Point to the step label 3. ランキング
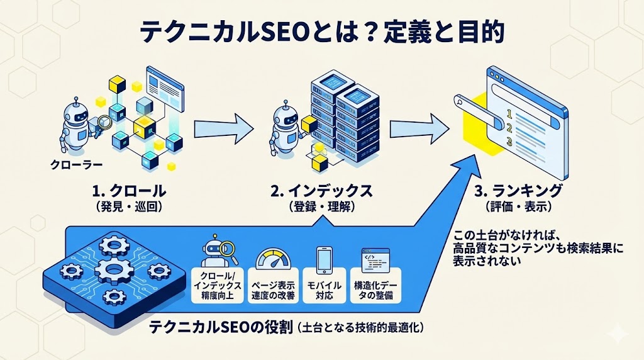518,191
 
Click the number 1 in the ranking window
509,114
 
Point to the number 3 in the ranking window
509,143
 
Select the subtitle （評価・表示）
518,206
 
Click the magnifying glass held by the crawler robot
104,122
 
